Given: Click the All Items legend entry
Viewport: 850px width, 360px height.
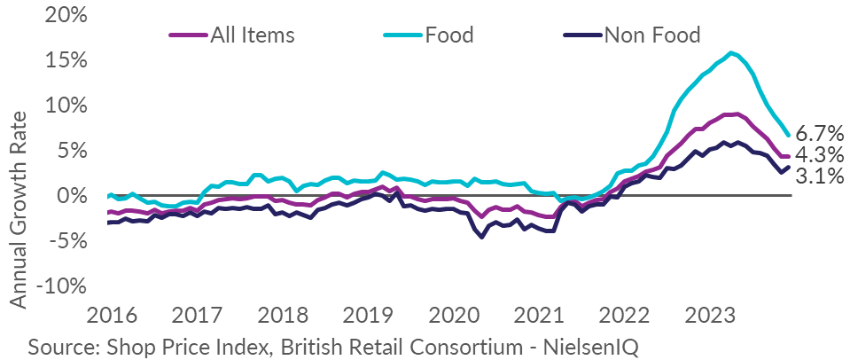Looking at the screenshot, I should (x=252, y=35).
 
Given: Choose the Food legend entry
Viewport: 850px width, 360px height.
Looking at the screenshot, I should (x=449, y=35).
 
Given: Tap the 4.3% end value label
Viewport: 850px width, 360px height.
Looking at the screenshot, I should (x=820, y=155).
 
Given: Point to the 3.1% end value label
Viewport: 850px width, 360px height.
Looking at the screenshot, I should (x=820, y=176).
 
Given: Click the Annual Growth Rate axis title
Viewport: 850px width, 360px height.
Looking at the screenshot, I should (x=19, y=209).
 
